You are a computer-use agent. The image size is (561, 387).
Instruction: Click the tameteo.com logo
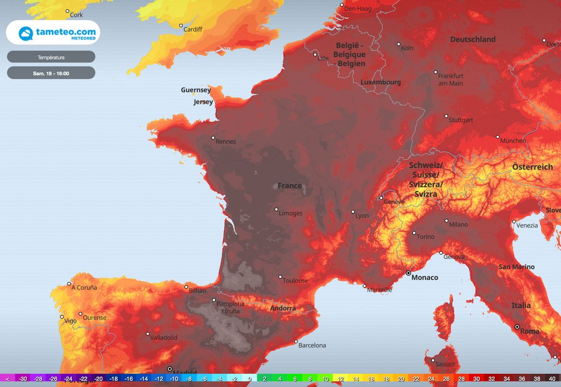[x=53, y=33]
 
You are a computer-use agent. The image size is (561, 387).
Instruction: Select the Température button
[x=51, y=57]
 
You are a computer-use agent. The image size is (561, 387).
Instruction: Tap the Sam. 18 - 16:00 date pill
[x=51, y=73]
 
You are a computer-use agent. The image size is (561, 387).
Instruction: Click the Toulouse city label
[x=295, y=281]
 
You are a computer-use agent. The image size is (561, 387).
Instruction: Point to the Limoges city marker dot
[x=276, y=209]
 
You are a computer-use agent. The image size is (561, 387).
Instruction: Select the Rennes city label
[x=226, y=141]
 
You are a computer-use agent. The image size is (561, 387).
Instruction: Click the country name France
[x=289, y=186]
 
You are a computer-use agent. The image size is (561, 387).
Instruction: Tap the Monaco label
[x=425, y=277]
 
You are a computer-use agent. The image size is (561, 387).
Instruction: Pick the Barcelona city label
[x=312, y=345]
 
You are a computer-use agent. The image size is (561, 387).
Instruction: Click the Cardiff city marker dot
[x=181, y=25]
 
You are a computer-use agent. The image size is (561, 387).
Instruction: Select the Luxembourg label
[x=381, y=82]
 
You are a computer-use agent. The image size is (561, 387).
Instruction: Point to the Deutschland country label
[x=473, y=39]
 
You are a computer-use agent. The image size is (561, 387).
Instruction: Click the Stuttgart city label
[x=461, y=120]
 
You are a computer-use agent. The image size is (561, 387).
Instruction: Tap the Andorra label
[x=283, y=308]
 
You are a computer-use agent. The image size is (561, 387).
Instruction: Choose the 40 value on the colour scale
[x=552, y=378]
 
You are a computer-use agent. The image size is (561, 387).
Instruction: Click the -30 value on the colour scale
[x=23, y=378]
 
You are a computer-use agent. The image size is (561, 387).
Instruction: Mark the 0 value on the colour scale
[x=249, y=378]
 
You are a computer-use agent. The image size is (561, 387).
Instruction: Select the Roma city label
[x=529, y=331]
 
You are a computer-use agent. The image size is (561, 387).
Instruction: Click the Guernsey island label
[x=196, y=90]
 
